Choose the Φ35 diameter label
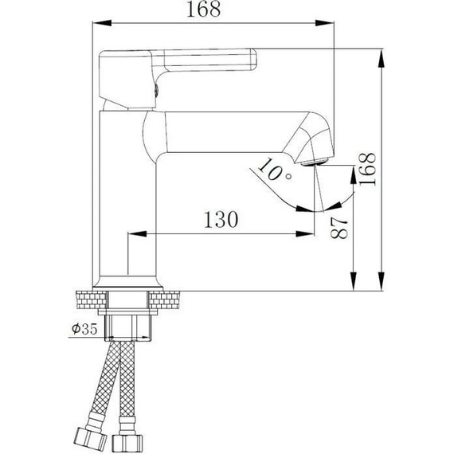[84, 328]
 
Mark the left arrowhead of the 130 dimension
[134, 234]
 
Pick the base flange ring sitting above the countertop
[130, 284]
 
